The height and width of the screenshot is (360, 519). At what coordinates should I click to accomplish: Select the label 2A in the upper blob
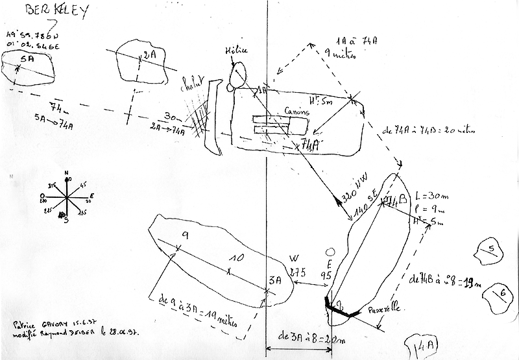(149, 55)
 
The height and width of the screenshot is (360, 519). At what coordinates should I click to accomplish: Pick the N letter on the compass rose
(67, 174)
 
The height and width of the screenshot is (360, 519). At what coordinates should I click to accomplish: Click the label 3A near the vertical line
(274, 282)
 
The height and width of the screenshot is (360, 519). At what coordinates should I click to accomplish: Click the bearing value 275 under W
(297, 272)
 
